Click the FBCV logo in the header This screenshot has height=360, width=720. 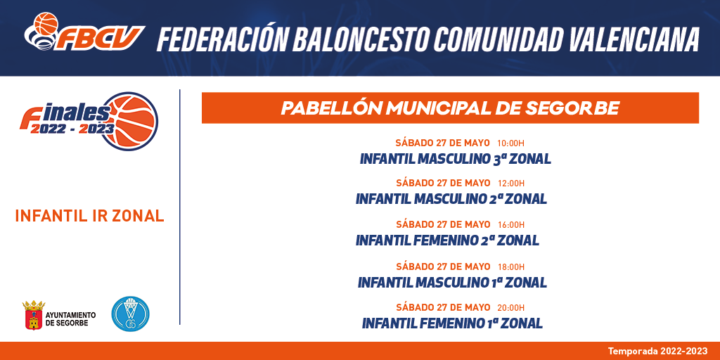pyautogui.click(x=84, y=32)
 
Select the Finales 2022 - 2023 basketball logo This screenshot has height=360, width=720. pyautogui.click(x=89, y=121)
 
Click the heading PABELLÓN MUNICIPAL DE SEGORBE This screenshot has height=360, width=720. pyautogui.click(x=450, y=108)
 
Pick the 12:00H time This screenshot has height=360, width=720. pyautogui.click(x=510, y=184)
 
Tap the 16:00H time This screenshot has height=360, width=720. pyautogui.click(x=510, y=225)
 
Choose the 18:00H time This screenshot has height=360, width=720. pyautogui.click(x=510, y=266)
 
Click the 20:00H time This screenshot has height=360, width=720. pyautogui.click(x=510, y=308)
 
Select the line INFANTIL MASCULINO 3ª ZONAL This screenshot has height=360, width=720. pyautogui.click(x=456, y=159)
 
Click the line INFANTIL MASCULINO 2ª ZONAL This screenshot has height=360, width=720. pyautogui.click(x=451, y=199)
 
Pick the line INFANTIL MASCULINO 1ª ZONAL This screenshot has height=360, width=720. pyautogui.click(x=452, y=282)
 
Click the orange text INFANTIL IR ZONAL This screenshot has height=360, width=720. pyautogui.click(x=89, y=216)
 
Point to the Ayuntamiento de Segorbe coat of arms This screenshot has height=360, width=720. pyautogui.click(x=34, y=315)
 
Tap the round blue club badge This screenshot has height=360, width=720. pyautogui.click(x=130, y=314)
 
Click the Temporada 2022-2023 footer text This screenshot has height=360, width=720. pyautogui.click(x=658, y=352)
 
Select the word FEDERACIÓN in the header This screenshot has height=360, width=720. pyautogui.click(x=221, y=39)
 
